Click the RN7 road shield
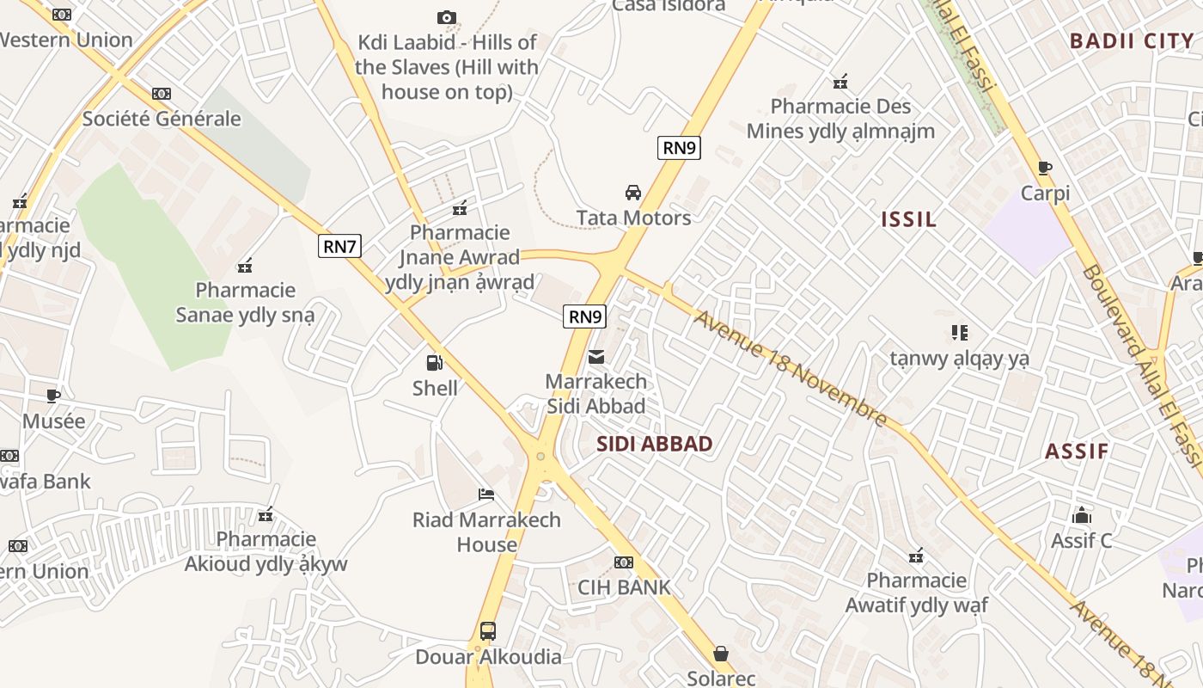(339, 247)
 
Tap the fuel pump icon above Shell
(435, 363)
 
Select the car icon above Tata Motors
(633, 192)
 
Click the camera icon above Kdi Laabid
(446, 17)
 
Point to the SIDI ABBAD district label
(655, 444)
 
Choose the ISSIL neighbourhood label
(908, 219)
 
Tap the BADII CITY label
(1132, 40)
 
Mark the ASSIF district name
(1077, 451)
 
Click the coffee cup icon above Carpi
(1045, 168)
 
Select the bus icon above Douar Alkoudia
(488, 631)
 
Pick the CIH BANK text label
(624, 587)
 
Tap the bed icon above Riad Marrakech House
(486, 494)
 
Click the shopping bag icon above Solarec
(721, 654)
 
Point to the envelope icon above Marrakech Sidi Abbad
(596, 356)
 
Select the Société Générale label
(162, 119)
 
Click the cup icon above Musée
(53, 396)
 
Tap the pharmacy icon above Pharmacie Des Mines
(840, 82)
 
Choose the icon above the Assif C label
(1082, 515)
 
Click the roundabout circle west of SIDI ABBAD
(540, 457)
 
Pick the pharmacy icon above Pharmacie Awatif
(916, 556)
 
